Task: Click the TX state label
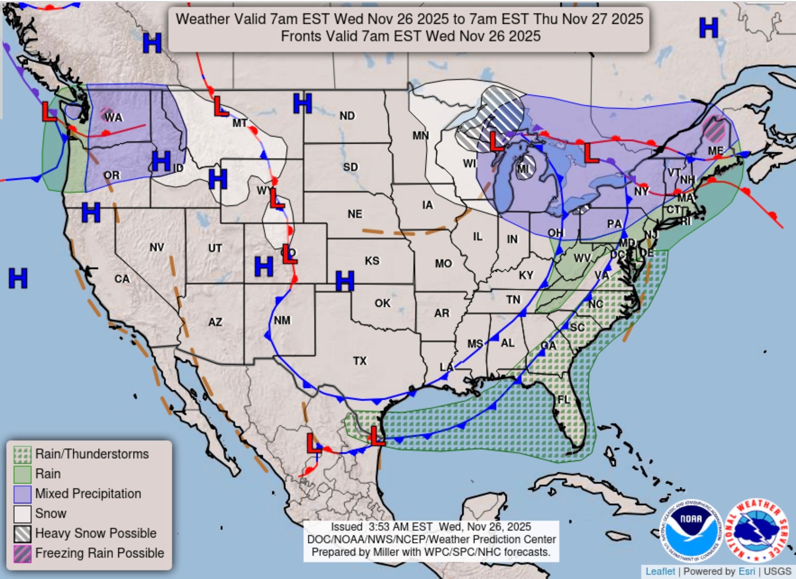click(x=359, y=361)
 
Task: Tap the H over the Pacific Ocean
click(x=18, y=278)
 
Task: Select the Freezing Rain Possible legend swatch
click(x=23, y=553)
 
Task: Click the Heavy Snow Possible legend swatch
click(x=23, y=533)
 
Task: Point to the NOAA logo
click(x=690, y=530)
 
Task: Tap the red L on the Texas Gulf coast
click(x=377, y=436)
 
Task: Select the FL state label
click(x=564, y=399)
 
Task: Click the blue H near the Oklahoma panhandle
click(x=345, y=281)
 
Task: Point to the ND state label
click(x=347, y=116)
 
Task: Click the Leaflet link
click(x=660, y=571)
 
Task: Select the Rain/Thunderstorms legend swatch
click(x=23, y=454)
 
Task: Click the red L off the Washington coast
click(x=49, y=112)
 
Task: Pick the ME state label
click(x=715, y=151)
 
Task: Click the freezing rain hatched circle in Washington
click(x=107, y=114)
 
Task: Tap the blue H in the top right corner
click(x=708, y=28)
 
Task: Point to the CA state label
click(x=122, y=279)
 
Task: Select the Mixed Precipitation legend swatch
click(x=23, y=494)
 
